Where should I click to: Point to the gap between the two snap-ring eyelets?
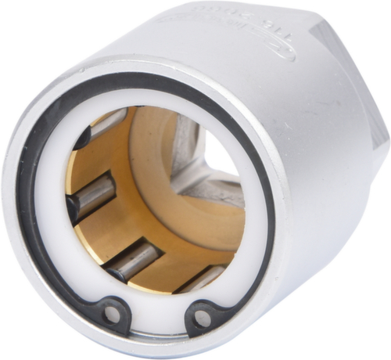(157, 327)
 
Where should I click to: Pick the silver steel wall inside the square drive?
(188, 149)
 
